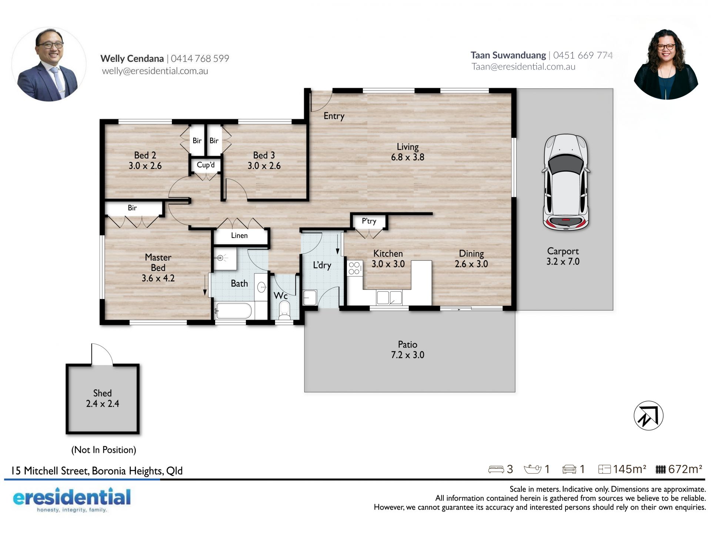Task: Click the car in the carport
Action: (x=565, y=182)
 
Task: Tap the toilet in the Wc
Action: (x=284, y=311)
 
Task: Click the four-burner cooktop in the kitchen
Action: (x=354, y=268)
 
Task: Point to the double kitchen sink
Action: (x=389, y=298)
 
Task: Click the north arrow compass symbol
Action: (x=648, y=416)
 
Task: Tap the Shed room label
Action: (x=102, y=393)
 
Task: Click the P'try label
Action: (x=369, y=221)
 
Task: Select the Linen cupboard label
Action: (x=239, y=235)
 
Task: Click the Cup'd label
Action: (x=206, y=165)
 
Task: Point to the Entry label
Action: (x=334, y=116)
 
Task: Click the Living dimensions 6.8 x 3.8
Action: (x=408, y=157)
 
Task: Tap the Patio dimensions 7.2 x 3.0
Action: (x=408, y=355)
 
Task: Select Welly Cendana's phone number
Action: (x=200, y=58)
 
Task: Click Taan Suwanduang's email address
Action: (x=523, y=67)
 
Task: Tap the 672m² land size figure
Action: (x=685, y=469)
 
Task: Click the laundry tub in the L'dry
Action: (x=310, y=298)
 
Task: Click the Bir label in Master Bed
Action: (x=132, y=208)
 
